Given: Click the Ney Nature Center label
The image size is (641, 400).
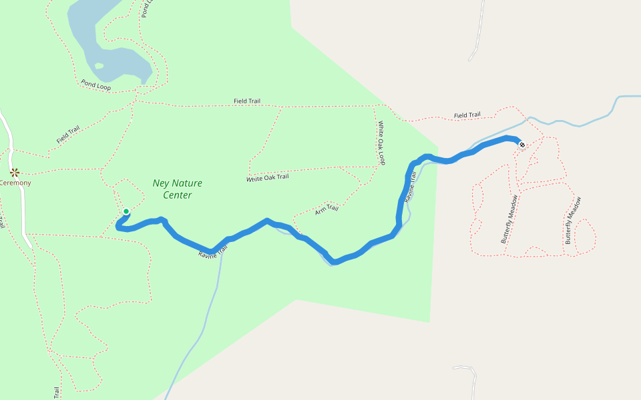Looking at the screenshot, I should [177, 189].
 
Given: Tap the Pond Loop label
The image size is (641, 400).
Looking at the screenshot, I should [96, 85].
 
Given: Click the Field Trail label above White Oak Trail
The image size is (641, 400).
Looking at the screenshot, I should [247, 101].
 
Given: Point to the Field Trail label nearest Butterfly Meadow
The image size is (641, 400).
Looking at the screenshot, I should [467, 115].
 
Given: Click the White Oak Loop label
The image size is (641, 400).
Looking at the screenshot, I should [381, 143].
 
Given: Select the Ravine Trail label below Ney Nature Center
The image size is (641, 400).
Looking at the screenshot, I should [213, 251].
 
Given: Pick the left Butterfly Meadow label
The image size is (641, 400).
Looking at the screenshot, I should [509, 219].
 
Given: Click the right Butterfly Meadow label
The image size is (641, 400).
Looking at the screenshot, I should [574, 220].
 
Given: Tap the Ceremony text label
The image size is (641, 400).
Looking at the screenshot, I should [15, 183].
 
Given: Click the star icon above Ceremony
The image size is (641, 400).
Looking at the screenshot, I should [14, 172].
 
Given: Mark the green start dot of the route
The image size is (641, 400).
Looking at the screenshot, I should [126, 212].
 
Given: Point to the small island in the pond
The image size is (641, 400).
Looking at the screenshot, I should [99, 65].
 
